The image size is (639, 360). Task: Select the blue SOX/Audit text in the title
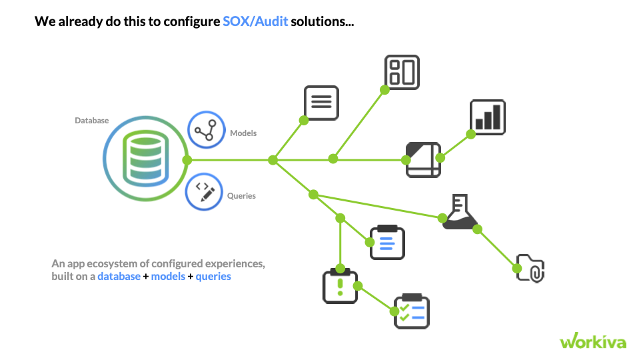255,22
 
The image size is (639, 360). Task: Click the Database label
92,121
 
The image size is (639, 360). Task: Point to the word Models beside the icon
243,133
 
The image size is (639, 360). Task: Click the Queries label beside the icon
241,196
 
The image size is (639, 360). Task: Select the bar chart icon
488,117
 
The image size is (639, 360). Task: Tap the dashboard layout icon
402,72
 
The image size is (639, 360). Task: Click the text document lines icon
321,103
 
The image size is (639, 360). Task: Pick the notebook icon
424,159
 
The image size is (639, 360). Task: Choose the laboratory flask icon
459,214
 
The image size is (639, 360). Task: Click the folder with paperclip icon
531,267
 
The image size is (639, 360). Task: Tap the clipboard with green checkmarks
412,311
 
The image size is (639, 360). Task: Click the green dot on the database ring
187,160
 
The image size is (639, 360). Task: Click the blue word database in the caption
119,276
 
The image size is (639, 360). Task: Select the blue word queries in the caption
213,276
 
